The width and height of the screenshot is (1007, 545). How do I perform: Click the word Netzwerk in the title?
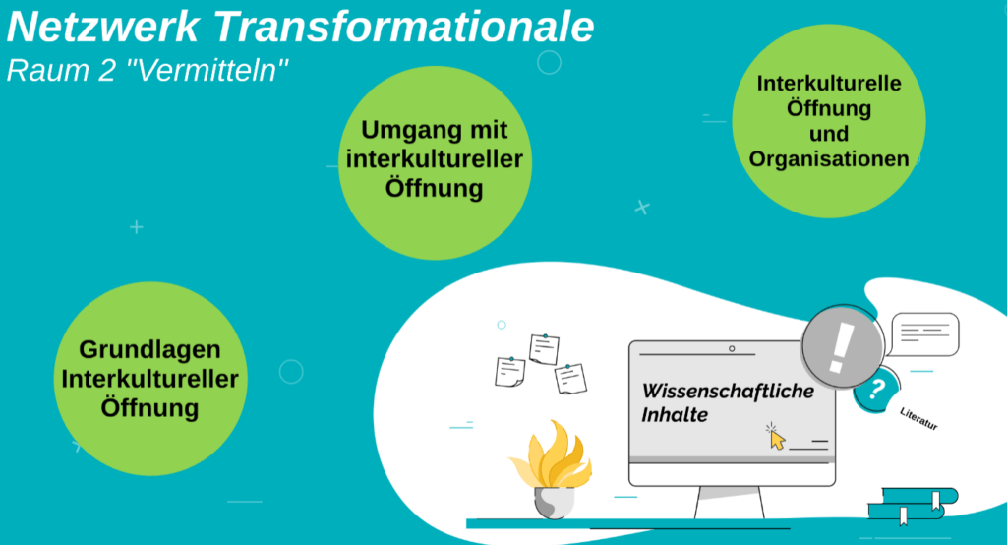coord(102,27)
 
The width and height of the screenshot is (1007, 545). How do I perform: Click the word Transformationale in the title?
coord(403,27)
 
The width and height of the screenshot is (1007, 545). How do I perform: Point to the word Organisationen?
coord(829,159)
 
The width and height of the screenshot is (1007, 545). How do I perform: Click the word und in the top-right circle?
coord(829,134)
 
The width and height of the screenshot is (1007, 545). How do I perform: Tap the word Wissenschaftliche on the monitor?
coord(729,391)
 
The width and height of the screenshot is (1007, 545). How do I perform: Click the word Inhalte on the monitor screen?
coord(675,414)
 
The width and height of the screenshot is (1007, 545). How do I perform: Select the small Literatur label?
coord(919,418)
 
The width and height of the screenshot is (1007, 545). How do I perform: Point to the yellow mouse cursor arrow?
coord(777,440)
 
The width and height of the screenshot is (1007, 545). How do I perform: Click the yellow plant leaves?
coord(551,455)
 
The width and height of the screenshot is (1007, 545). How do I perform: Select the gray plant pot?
coord(555,502)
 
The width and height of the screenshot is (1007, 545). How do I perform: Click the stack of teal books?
coord(913,505)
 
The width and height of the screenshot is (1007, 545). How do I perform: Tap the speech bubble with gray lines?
coord(923,334)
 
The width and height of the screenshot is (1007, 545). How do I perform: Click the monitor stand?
coord(730,503)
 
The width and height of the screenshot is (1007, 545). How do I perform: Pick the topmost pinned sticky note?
coord(544,349)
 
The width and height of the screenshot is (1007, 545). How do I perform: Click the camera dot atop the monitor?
coord(732,349)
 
